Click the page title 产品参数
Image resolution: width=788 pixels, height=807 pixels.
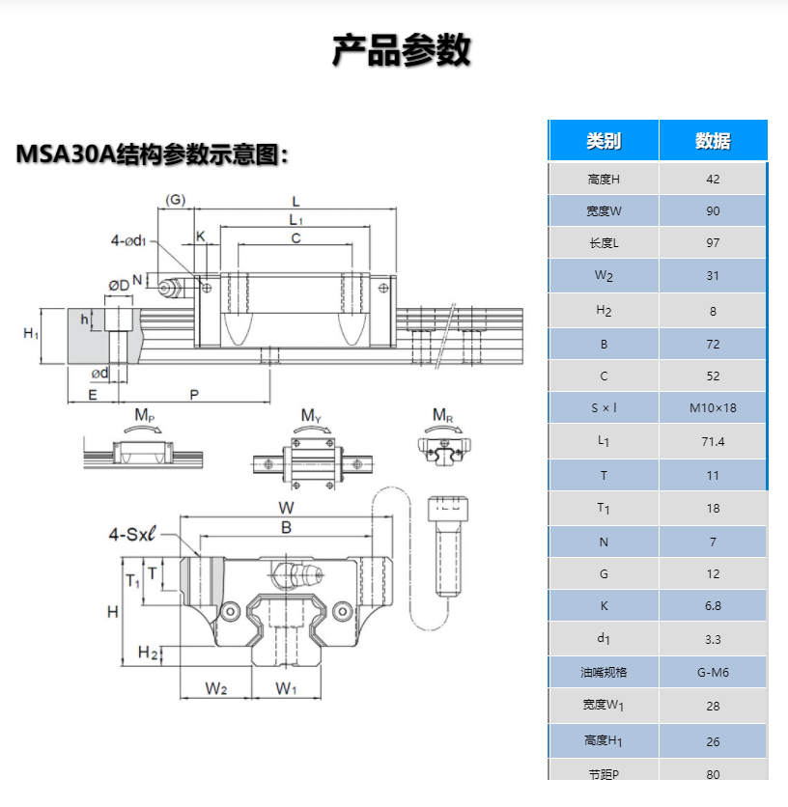pyautogui.click(x=401, y=50)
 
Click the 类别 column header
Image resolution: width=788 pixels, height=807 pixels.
pyautogui.click(x=604, y=141)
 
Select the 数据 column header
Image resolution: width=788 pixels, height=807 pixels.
pyautogui.click(x=713, y=141)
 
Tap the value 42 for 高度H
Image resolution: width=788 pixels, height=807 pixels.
pyautogui.click(x=713, y=179)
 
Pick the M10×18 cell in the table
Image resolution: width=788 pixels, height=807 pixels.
pyautogui.click(x=713, y=407)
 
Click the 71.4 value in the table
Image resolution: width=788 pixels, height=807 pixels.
pyautogui.click(x=713, y=441)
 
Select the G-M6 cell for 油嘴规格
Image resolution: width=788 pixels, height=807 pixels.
pyautogui.click(x=713, y=672)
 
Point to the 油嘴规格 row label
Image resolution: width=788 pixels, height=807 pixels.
pyautogui.click(x=604, y=672)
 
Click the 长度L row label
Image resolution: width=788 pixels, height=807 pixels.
pyautogui.click(x=604, y=243)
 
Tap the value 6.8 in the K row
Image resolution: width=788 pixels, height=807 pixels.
pyautogui.click(x=713, y=606)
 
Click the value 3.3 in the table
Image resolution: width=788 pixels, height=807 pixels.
pyautogui.click(x=713, y=639)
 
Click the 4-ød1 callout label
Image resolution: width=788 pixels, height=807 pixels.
pyautogui.click(x=128, y=240)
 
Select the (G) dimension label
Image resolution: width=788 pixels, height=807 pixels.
pyautogui.click(x=175, y=201)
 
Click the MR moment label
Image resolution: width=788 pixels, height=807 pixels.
pyautogui.click(x=442, y=415)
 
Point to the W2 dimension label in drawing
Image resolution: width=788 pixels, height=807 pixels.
pyautogui.click(x=216, y=688)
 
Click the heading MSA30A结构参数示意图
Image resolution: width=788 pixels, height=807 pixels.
pyautogui.click(x=153, y=153)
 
